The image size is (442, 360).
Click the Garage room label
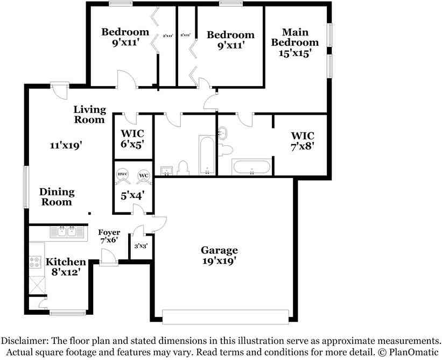pyautogui.click(x=219, y=250)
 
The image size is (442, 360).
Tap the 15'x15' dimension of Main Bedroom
pyautogui.click(x=294, y=53)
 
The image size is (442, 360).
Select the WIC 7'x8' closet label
pyautogui.click(x=302, y=140)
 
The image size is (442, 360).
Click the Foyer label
pyautogui.click(x=109, y=232)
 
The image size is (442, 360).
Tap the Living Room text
pyautogui.click(x=89, y=114)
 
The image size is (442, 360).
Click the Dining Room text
pyautogui.click(x=57, y=197)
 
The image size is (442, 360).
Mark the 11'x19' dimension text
pyautogui.click(x=66, y=145)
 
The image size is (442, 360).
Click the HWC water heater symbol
pyautogui.click(x=122, y=176)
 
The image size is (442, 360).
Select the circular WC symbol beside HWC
pyautogui.click(x=143, y=176)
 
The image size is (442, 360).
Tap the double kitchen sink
pyautogui.click(x=68, y=232)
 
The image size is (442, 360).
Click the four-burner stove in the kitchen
pyautogui.click(x=36, y=262)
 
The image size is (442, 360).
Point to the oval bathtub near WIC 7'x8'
pyautogui.click(x=251, y=167)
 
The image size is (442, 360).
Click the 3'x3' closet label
pyautogui.click(x=141, y=246)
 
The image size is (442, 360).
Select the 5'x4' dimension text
pyautogui.click(x=132, y=196)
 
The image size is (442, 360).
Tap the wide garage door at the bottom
pyautogui.click(x=228, y=317)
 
